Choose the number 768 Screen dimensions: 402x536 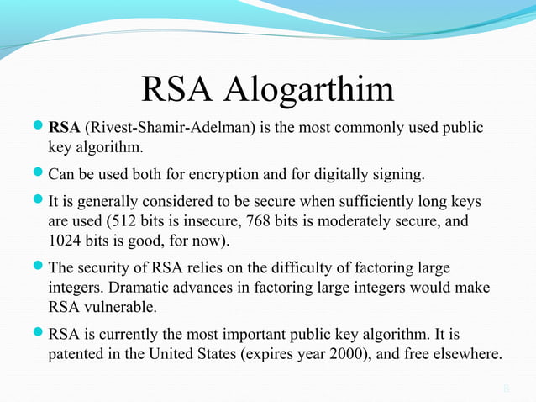click(x=273, y=223)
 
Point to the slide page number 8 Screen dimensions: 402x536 click(x=507, y=389)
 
